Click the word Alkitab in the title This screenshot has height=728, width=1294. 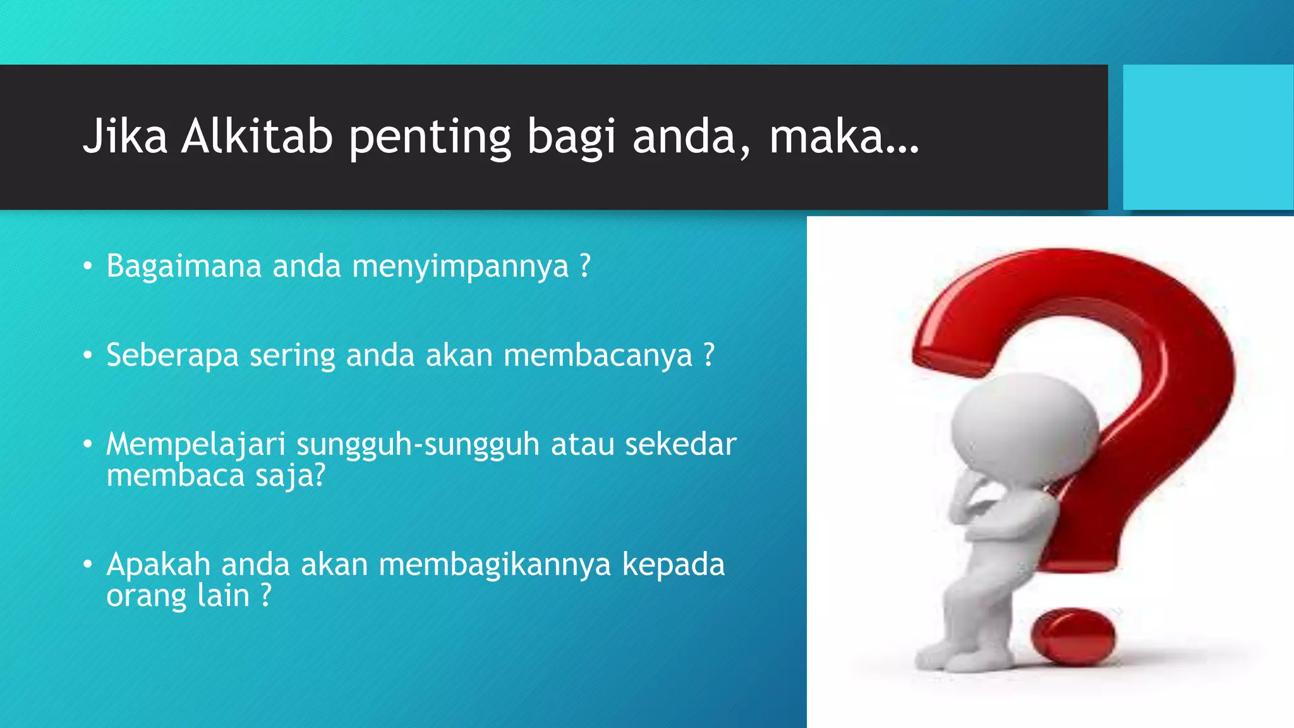[x=257, y=136]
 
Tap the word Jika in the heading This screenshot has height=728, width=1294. [x=125, y=136]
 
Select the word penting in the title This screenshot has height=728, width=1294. [x=430, y=138]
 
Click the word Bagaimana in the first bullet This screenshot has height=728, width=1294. [x=184, y=266]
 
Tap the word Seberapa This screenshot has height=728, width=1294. [x=172, y=356]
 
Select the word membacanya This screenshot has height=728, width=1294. [x=598, y=356]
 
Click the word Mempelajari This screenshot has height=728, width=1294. [x=196, y=445]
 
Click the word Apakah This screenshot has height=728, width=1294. [x=158, y=564]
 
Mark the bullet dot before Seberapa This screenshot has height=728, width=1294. [x=88, y=356]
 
